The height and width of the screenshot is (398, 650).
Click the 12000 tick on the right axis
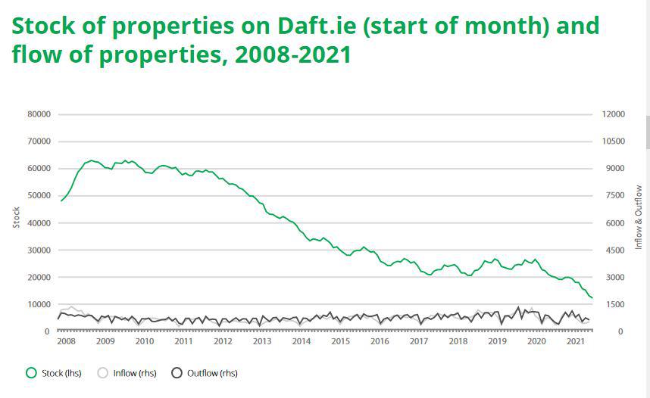(x=614, y=114)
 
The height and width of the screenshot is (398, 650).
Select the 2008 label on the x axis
(x=66, y=341)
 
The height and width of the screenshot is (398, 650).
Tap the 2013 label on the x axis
(x=262, y=341)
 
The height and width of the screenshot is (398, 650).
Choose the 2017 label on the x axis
(x=419, y=341)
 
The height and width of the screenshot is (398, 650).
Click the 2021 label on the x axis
(x=576, y=341)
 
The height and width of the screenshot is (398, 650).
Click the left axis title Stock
(x=16, y=218)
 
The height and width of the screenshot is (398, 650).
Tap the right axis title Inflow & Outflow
(x=639, y=217)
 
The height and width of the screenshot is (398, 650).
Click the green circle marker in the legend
(x=31, y=373)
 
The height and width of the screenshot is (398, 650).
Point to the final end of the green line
(x=592, y=298)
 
